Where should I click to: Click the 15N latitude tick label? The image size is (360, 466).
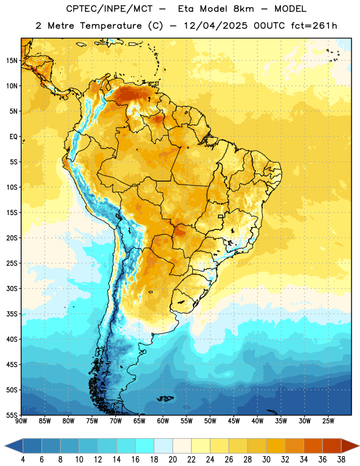click(x=11, y=61)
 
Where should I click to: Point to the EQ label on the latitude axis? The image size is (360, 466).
click(x=13, y=137)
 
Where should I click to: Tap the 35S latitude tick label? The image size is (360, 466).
click(x=12, y=314)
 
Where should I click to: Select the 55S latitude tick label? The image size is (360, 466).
click(x=12, y=415)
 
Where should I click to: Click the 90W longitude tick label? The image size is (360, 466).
click(x=22, y=421)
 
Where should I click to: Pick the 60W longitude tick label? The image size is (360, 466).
click(x=163, y=421)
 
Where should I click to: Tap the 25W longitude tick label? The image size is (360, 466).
click(x=328, y=421)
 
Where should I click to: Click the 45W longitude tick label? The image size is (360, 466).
click(x=234, y=421)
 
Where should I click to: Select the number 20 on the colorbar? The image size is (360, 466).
click(x=172, y=460)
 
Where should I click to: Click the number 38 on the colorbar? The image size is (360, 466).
click(x=341, y=460)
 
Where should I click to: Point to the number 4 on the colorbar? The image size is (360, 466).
click(x=23, y=460)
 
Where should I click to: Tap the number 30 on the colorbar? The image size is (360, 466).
click(x=266, y=460)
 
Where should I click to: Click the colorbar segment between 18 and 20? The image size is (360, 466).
click(x=164, y=446)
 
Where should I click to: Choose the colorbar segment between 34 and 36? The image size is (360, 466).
click(x=313, y=446)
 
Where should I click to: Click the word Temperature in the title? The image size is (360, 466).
click(x=111, y=26)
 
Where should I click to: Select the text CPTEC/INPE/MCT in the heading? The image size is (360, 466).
click(x=110, y=9)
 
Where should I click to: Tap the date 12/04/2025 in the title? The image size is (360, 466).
click(x=216, y=26)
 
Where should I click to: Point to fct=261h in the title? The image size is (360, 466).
click(x=314, y=26)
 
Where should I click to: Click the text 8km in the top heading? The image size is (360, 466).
click(x=243, y=9)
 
